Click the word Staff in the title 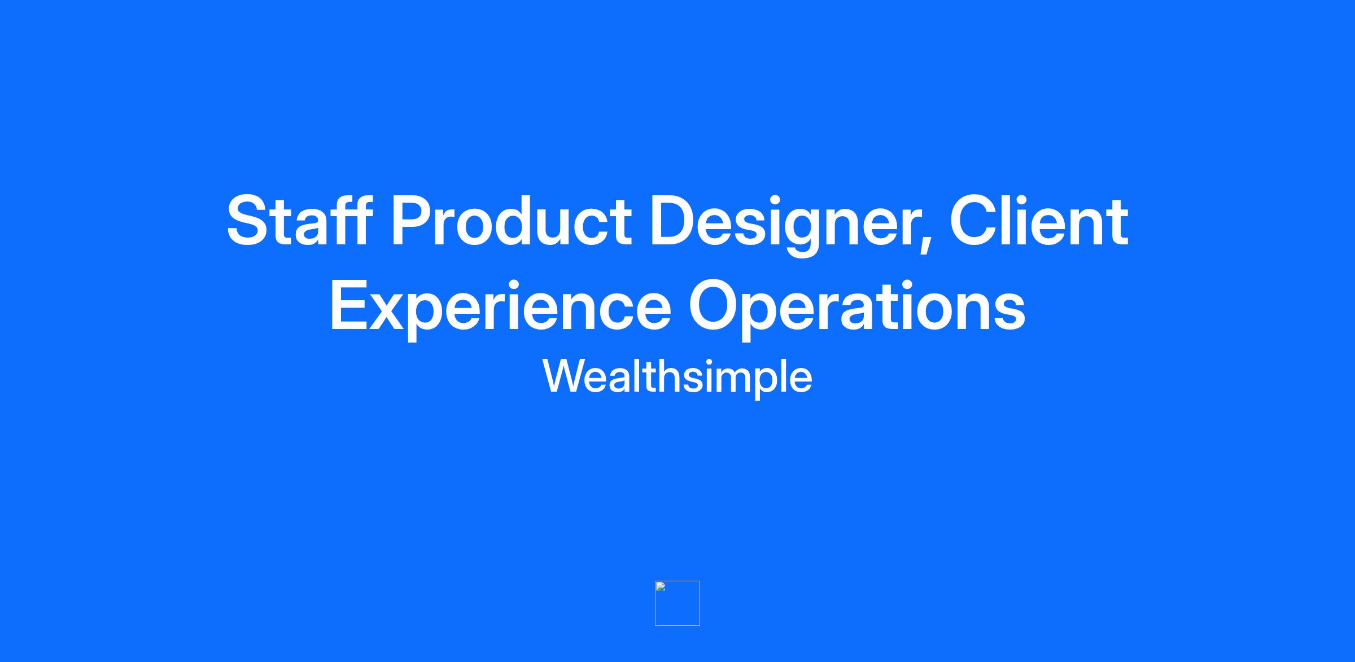tap(299, 220)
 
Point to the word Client tap(1039, 220)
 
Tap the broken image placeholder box tap(677, 603)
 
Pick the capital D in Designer tap(674, 221)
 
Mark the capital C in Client tap(974, 221)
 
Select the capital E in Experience tap(349, 304)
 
